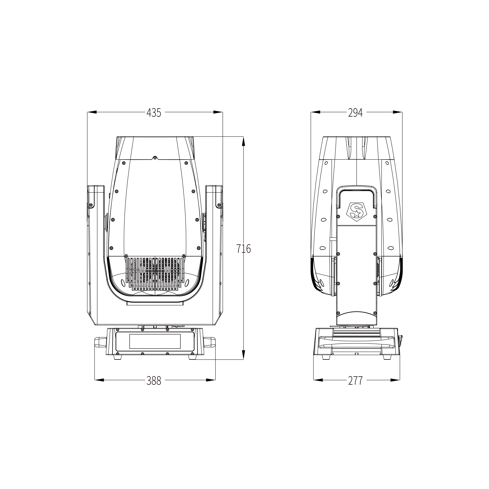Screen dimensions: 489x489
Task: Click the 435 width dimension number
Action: pos(154,113)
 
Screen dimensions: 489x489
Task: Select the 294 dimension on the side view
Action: pos(355,113)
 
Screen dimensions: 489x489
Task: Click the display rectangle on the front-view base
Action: pos(155,341)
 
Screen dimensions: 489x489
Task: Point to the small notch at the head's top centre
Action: pos(155,158)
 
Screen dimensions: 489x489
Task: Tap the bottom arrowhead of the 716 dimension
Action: pos(244,354)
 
